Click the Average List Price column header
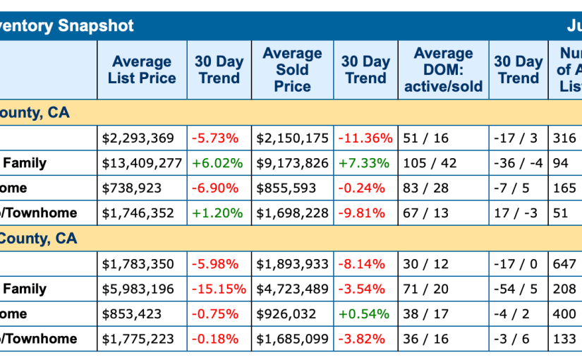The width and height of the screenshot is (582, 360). point(142,70)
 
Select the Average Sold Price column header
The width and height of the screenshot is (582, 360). point(292,70)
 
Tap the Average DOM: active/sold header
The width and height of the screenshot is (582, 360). point(443,70)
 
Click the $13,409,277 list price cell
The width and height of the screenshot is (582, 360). point(142,163)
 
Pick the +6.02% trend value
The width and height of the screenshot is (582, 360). point(219,163)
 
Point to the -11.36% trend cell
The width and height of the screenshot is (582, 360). point(365,138)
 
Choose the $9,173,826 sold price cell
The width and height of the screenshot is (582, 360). point(292,163)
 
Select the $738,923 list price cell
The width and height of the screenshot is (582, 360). point(132,188)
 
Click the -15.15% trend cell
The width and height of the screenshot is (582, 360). point(219,289)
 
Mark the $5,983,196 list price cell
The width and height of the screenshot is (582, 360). point(138,289)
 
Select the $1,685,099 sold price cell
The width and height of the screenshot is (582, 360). point(292,339)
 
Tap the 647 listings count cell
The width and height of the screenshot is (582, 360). point(564,264)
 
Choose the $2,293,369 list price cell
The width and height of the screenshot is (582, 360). point(138,138)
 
